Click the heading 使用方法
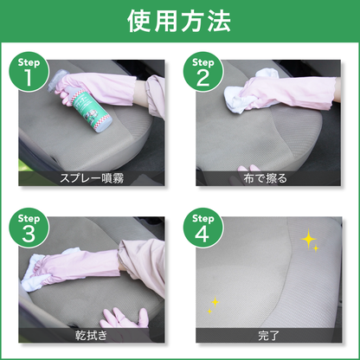179,22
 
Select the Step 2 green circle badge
202,74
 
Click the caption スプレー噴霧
91,180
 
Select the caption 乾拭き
91,334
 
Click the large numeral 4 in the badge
202,233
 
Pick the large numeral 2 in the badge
202,80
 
